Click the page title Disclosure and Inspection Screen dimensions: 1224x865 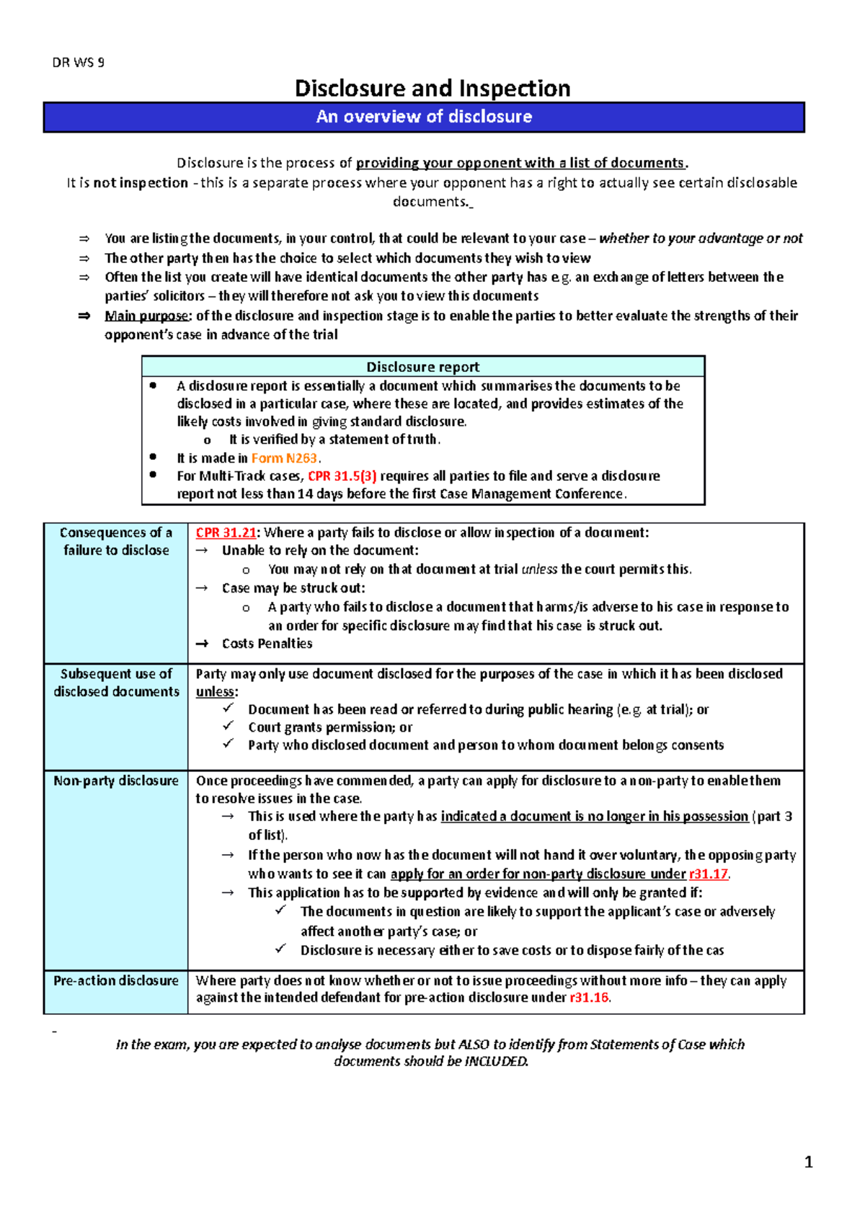click(x=432, y=89)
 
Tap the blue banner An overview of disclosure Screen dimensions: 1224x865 click(x=424, y=117)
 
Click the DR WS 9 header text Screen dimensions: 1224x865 click(x=78, y=63)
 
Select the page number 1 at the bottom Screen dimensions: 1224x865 click(x=808, y=1161)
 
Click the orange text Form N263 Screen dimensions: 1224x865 click(x=284, y=458)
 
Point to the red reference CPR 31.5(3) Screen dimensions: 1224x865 click(x=342, y=476)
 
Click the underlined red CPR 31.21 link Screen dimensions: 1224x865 click(x=226, y=533)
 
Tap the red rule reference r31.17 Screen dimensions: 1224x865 click(x=709, y=874)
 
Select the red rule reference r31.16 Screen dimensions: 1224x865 click(x=590, y=998)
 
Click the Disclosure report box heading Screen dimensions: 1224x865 click(x=422, y=367)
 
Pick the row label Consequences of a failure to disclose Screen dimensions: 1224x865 click(x=116, y=541)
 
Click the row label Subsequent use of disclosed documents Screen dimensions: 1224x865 click(x=116, y=683)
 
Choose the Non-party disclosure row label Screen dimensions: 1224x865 click(x=116, y=781)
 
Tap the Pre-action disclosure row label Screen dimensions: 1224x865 click(x=116, y=980)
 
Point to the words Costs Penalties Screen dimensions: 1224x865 click(x=267, y=644)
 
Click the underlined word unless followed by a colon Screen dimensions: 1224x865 click(x=215, y=692)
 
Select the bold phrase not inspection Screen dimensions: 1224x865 click(x=141, y=183)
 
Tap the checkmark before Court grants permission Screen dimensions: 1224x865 click(x=229, y=726)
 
